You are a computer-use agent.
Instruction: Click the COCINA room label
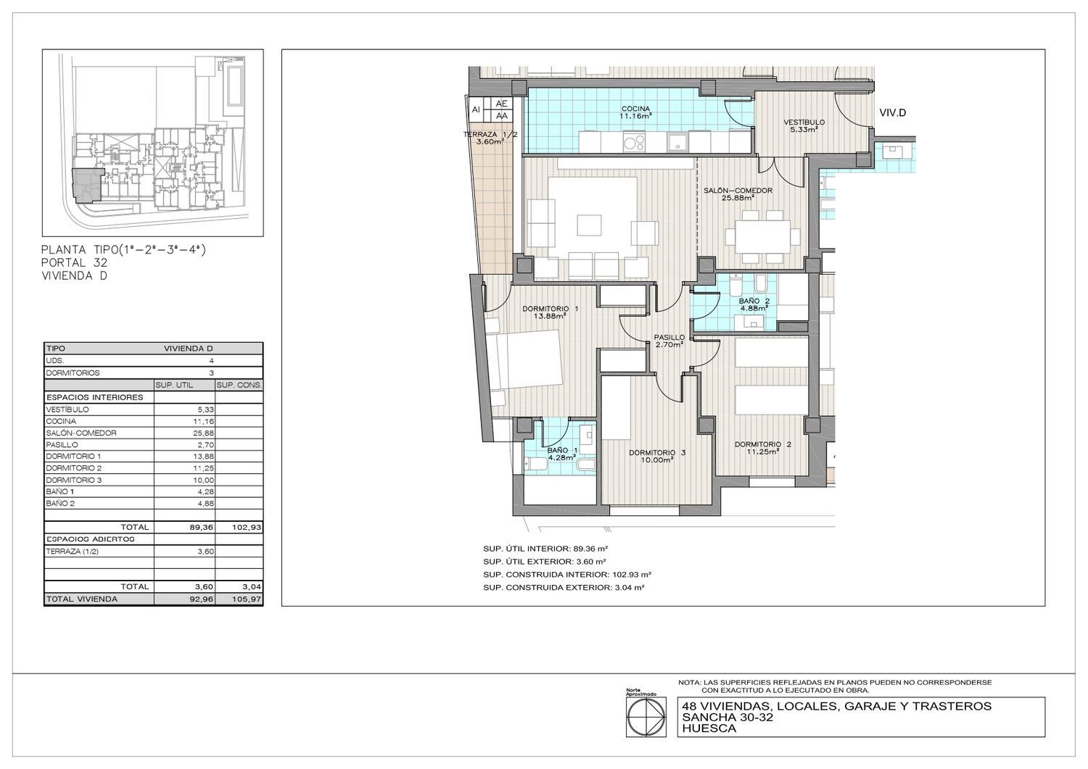tap(635, 109)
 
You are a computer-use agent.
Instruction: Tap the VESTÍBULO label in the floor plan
tap(804, 122)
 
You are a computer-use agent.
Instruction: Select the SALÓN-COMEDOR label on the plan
tap(738, 191)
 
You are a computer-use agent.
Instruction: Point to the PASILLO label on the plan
tap(669, 337)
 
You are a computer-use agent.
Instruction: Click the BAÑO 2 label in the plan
tap(754, 301)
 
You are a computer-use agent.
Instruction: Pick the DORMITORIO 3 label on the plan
tap(657, 452)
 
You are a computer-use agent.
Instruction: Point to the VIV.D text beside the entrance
tap(893, 113)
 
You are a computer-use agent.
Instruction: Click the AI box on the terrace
tap(476, 109)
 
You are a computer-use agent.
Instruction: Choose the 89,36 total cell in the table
tap(202, 527)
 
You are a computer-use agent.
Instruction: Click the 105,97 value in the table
tap(247, 599)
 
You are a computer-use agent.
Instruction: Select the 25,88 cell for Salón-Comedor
tap(204, 433)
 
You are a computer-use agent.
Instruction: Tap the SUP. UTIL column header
tap(174, 386)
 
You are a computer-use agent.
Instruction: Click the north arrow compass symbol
tap(645, 719)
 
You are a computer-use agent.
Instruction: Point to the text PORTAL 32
tap(74, 262)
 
